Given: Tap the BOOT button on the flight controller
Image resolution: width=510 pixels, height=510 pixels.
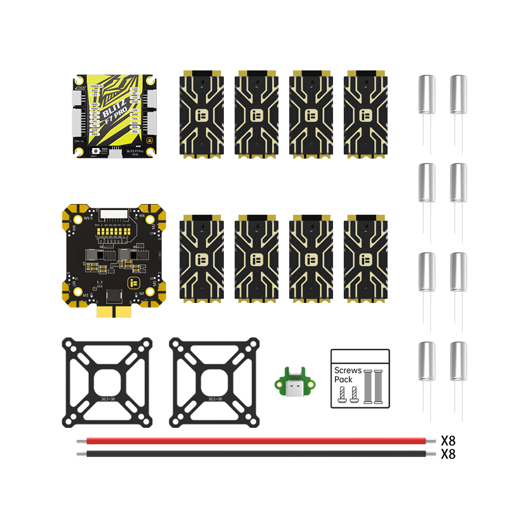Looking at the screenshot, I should point(95,151).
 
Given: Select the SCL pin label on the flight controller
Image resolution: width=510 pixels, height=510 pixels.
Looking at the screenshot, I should point(135,132).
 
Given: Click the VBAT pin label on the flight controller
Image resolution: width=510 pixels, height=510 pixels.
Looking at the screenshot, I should point(94,109).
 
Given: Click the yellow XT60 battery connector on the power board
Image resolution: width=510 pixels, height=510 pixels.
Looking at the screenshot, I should point(114,312).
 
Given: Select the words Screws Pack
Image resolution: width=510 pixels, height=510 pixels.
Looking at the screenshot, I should point(348,375).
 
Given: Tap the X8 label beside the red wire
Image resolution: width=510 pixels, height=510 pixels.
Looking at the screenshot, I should point(448,441).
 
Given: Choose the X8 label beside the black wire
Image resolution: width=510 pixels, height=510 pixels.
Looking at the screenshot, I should point(448,454).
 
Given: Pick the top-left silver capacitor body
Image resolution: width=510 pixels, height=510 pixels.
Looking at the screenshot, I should point(427,94).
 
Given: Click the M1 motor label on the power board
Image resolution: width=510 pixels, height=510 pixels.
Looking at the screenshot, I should point(142,294).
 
